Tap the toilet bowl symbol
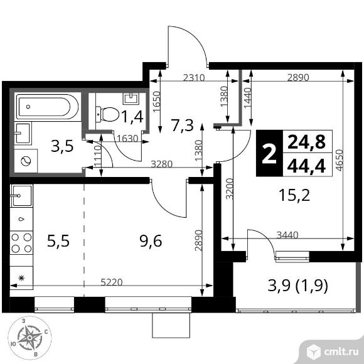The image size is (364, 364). coord(109,114)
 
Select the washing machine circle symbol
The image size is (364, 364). coord(26,161)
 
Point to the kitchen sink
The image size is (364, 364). coord(21,196)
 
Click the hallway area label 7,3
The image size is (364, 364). coord(181,126)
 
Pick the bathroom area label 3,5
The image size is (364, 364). coord(62,148)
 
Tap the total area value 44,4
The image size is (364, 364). coord(306,166)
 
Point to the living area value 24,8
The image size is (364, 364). coord(306,142)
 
